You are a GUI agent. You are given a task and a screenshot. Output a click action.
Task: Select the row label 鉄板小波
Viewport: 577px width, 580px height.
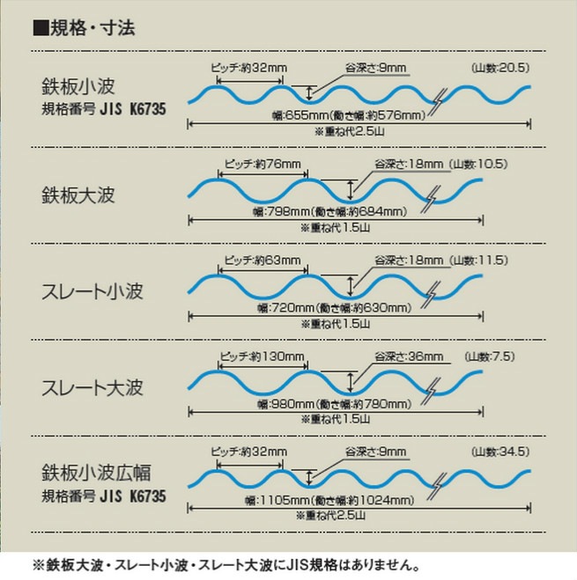pyautogui.click(x=78, y=87)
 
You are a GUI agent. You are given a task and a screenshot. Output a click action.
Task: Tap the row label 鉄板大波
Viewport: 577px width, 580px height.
pyautogui.click(x=78, y=193)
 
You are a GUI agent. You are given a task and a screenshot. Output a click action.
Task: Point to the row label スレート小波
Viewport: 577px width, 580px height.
pyautogui.click(x=91, y=290)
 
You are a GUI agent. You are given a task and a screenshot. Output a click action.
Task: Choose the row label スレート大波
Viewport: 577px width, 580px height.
pyautogui.click(x=91, y=387)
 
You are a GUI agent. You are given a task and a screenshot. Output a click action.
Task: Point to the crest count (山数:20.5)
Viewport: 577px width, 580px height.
pyautogui.click(x=499, y=68)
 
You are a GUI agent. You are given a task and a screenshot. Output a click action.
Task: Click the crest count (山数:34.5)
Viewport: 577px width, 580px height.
pyautogui.click(x=499, y=452)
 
